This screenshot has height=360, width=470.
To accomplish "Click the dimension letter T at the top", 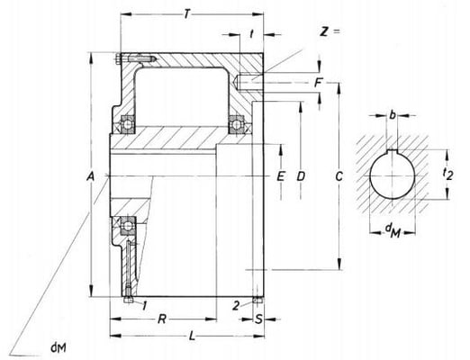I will pyautogui.click(x=185, y=15).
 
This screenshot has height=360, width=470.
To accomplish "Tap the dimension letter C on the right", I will pyautogui.click(x=337, y=175).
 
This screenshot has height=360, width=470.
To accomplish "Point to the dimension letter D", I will pyautogui.click(x=301, y=175).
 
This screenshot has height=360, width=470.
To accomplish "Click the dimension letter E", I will pyautogui.click(x=281, y=175).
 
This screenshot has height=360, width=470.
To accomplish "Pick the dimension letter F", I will pyautogui.click(x=318, y=83).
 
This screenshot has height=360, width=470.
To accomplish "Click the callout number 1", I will pyautogui.click(x=145, y=306).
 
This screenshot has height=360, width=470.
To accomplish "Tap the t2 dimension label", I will pyautogui.click(x=447, y=174).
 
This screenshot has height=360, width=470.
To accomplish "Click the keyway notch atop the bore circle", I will pyautogui.click(x=392, y=148).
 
